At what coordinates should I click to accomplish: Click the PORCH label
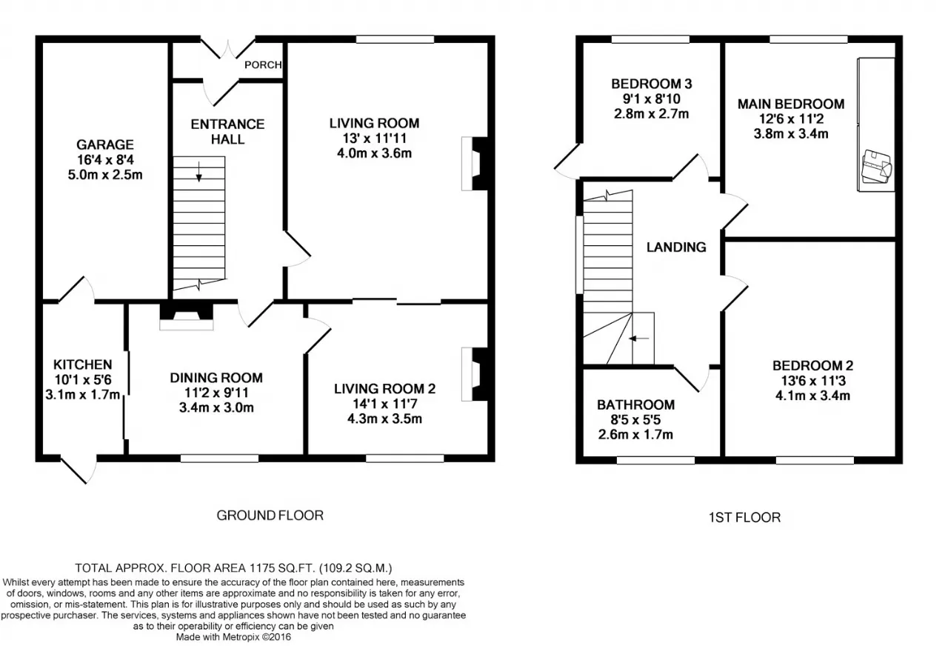[x=263, y=64]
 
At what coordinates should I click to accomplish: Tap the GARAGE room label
[x=105, y=144]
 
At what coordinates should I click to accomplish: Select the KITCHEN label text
[x=82, y=364]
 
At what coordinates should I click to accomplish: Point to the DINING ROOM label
[x=216, y=378]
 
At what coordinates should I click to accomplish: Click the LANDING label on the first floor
[x=676, y=247]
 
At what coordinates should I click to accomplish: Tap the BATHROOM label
[x=635, y=405]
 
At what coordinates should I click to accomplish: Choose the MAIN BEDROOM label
[x=791, y=104]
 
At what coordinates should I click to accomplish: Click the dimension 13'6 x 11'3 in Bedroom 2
[x=813, y=381]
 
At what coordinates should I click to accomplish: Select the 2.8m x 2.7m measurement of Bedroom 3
[x=651, y=114]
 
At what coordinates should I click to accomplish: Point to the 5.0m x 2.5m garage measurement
[x=105, y=175]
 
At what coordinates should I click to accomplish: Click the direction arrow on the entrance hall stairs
[x=199, y=171]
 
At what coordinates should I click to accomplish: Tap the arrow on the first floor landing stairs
[x=639, y=339]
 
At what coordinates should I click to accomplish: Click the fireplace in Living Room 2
[x=478, y=374]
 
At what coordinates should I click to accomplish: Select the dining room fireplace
[x=186, y=316]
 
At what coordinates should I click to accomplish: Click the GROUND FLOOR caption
[x=270, y=515]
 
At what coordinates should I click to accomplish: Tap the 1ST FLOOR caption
[x=745, y=517]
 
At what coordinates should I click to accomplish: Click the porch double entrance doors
[x=227, y=50]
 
